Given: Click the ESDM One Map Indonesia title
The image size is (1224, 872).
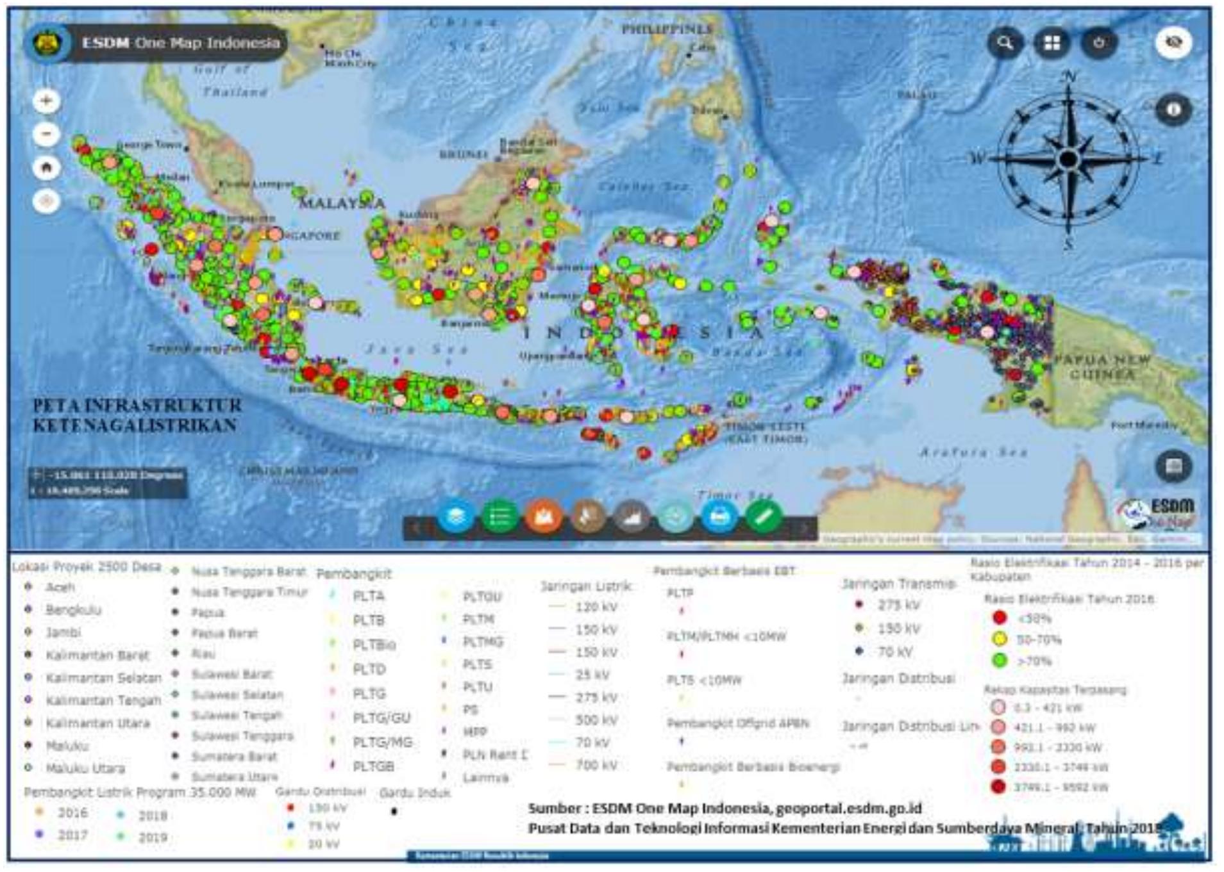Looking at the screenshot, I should coord(180,43).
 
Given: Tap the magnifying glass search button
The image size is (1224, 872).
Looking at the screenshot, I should coord(1005,43).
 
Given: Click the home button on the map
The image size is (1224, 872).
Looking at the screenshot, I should coord(46,168).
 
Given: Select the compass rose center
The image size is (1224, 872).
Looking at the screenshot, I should coord(1068,158).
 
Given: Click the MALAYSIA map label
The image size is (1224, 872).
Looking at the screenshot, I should coord(342,204).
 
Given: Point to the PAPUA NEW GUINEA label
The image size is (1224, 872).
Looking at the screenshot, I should coord(1102,366).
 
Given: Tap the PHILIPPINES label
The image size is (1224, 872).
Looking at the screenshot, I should coord(667,29).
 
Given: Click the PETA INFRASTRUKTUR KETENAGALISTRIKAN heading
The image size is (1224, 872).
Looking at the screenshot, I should coord(137,415).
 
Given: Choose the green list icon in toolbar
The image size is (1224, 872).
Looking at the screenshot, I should coord(499,516).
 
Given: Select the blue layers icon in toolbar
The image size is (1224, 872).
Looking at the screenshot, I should coord(456,516).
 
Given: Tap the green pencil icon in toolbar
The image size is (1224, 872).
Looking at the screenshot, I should coord(763,516).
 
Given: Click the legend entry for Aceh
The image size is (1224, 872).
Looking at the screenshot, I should coord(60,587).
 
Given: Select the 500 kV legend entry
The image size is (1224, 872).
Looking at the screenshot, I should coord(596,720).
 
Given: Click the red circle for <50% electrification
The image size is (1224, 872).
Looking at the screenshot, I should coord(999,618).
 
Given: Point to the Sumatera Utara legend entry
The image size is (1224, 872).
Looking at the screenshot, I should coord(235,777).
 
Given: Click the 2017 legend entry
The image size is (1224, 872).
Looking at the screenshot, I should coord(72,835).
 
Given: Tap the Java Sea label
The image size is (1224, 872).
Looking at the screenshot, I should coord(416,350).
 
